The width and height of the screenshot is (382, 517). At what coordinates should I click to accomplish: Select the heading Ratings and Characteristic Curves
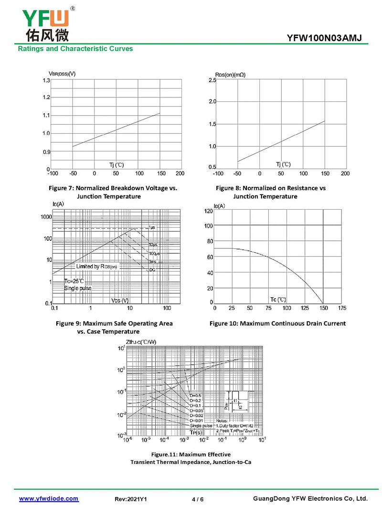(75, 49)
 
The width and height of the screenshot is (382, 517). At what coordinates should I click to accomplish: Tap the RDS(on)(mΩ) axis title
(230, 75)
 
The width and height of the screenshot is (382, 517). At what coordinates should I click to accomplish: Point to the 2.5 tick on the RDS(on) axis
(212, 81)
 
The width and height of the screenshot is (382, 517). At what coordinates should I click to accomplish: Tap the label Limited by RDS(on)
(96, 266)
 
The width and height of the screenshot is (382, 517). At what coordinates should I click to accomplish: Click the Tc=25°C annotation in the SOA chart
(74, 280)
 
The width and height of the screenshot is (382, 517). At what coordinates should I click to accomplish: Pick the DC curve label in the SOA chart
(151, 270)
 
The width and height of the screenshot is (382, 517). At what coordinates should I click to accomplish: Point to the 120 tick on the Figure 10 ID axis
(209, 211)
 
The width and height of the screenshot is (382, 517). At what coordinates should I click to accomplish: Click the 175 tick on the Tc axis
(341, 308)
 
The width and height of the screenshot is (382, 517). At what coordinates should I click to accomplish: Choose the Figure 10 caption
(277, 323)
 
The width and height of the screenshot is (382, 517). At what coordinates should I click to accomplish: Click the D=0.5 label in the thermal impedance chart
(195, 396)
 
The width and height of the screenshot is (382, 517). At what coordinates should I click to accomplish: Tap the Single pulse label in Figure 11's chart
(201, 425)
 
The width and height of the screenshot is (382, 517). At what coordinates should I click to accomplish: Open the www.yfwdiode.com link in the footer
(49, 498)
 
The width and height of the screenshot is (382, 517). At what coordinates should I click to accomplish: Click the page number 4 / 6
(198, 499)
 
